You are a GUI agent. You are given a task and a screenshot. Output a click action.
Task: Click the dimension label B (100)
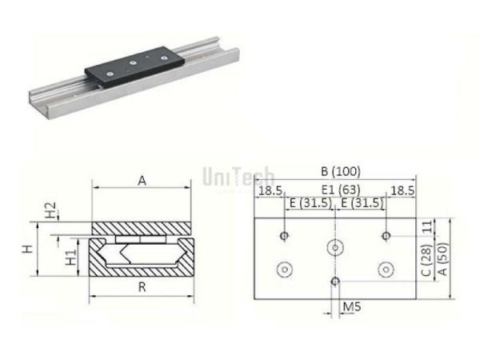pyautogui.click(x=336, y=171)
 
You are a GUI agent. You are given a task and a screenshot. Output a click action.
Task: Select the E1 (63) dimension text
pyautogui.click(x=336, y=190)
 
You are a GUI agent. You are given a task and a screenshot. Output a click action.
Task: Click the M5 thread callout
pyautogui.click(x=350, y=306)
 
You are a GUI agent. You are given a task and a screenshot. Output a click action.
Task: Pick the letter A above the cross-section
pyautogui.click(x=142, y=181)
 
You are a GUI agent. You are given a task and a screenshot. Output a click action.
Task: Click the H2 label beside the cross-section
pyautogui.click(x=50, y=211)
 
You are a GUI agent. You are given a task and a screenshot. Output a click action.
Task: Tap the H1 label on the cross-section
pyautogui.click(x=70, y=257)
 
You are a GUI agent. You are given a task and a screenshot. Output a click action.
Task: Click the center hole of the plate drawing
pyautogui.click(x=335, y=247)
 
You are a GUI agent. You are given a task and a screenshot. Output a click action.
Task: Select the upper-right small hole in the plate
pyautogui.click(x=386, y=235)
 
